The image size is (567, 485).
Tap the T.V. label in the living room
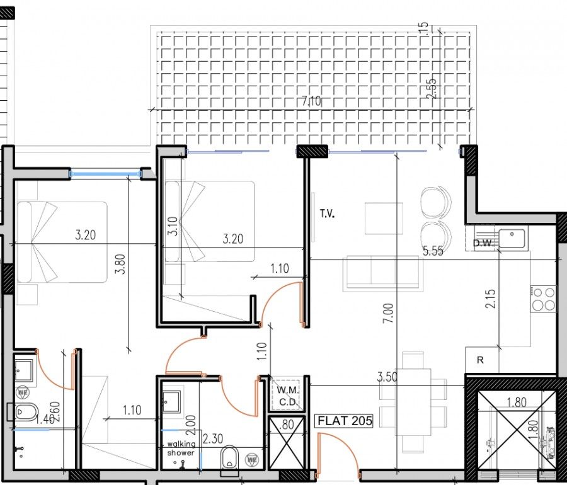pos(326,214)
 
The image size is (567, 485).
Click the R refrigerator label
pos(480,361)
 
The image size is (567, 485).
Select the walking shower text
pos(181,448)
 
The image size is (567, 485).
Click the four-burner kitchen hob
pos(544,299)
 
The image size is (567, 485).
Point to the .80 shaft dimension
pos(287,424)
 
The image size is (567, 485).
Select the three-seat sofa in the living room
pos(384,273)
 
